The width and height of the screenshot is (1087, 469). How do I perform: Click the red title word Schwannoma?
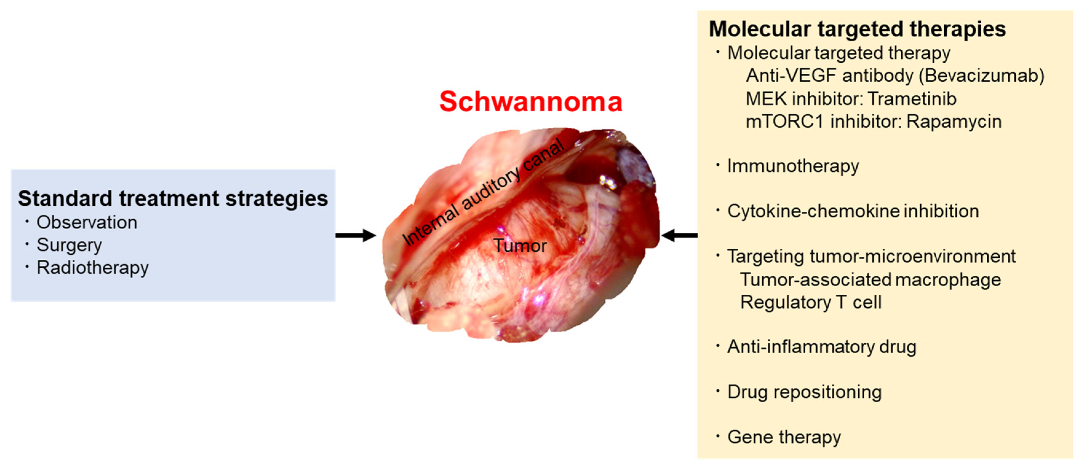(x=530, y=102)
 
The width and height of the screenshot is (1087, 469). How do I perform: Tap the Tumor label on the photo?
(x=520, y=246)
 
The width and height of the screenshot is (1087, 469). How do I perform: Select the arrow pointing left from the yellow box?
(x=679, y=235)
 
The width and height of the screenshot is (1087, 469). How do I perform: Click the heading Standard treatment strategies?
(x=173, y=199)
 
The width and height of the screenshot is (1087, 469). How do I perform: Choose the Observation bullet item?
(x=86, y=223)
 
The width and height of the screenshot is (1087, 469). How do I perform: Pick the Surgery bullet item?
(x=69, y=245)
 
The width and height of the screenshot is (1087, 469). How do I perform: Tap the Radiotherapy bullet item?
(x=93, y=268)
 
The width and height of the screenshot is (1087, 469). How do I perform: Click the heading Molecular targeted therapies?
(x=857, y=29)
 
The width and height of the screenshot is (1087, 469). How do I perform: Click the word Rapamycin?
(x=954, y=121)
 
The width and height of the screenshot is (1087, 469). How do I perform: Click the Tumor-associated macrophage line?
(x=870, y=279)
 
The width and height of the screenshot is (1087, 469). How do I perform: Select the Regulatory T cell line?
(x=810, y=302)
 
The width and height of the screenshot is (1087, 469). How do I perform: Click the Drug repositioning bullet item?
(x=804, y=392)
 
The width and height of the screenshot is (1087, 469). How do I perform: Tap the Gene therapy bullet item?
(x=784, y=437)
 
